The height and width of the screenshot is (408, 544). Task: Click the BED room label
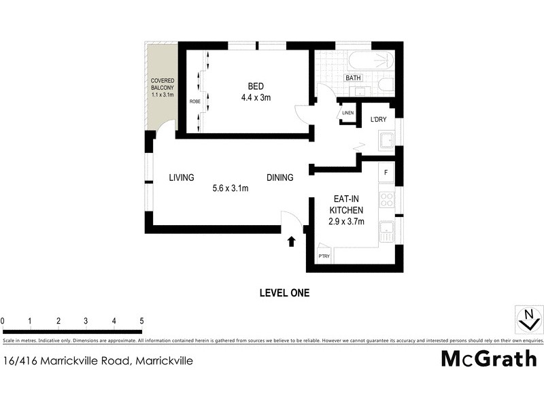[256, 86]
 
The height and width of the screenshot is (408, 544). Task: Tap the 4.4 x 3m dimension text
[256, 98]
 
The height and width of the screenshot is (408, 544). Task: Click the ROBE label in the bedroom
[194, 101]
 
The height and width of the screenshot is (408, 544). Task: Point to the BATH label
[353, 78]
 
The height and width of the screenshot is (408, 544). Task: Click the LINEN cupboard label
[348, 113]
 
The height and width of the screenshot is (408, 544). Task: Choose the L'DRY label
[378, 120]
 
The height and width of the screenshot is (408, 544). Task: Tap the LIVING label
[182, 178]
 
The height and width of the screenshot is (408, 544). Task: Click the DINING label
[279, 178]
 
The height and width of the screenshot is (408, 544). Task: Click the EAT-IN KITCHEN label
[347, 205]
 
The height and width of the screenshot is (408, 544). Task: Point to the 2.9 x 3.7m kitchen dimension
[347, 221]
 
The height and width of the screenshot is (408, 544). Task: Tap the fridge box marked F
[386, 173]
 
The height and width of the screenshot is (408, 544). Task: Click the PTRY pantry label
[324, 256]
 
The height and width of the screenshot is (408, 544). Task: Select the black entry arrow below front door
[292, 241]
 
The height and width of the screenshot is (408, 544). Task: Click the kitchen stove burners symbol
[386, 200]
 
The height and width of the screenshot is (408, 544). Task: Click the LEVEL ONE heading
[284, 293]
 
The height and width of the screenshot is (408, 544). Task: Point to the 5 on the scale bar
[141, 321]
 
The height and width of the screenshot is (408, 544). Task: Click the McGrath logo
[488, 358]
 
